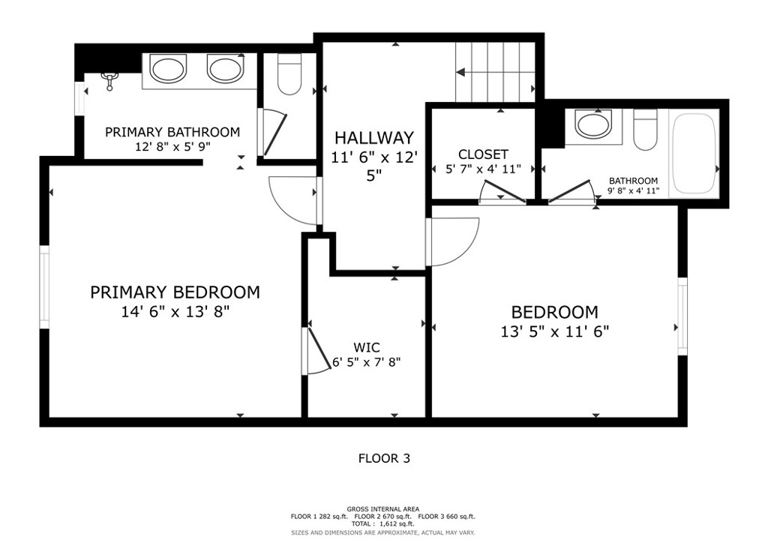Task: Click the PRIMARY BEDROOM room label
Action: [x=175, y=292]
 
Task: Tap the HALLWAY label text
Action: [x=374, y=137]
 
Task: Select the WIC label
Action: [x=366, y=348]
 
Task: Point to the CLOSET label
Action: [x=483, y=154]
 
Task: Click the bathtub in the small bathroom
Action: [x=694, y=153]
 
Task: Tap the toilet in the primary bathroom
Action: [x=289, y=74]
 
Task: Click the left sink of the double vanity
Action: [x=168, y=68]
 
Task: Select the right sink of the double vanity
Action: [x=225, y=68]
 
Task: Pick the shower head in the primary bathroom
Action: [x=109, y=80]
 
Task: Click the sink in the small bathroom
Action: [x=594, y=124]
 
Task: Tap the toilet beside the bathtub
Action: [x=645, y=130]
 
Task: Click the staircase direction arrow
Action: [x=495, y=73]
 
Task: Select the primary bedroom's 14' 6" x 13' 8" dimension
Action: [x=175, y=311]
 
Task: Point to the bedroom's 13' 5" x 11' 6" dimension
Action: [x=554, y=331]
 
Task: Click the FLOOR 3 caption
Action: [x=385, y=458]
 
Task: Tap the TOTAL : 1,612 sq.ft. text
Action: [x=382, y=523]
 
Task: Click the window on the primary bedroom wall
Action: [x=44, y=287]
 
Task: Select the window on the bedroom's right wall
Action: [x=682, y=316]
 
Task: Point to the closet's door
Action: [x=502, y=191]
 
